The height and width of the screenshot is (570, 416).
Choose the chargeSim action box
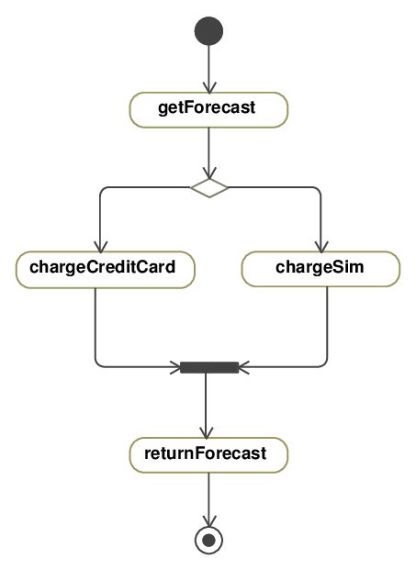coord(320,268)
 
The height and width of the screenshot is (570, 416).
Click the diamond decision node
coord(209,187)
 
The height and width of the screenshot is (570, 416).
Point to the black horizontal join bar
coord(209,367)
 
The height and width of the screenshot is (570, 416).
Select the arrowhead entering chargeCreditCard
coord(96,245)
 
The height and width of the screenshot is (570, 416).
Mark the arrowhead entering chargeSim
coord(320,245)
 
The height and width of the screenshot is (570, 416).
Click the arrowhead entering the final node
coord(209,520)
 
